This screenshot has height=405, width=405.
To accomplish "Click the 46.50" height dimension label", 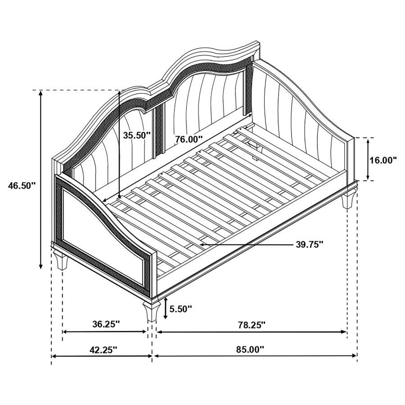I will click(21, 185).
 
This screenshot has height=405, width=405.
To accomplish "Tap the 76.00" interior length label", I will click(189, 139).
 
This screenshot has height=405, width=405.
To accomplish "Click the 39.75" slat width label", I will click(310, 244).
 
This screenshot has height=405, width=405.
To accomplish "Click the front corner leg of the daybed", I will click(150, 310).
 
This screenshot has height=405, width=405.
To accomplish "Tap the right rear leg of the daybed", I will click(348, 200).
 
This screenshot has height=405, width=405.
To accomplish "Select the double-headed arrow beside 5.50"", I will click(165, 308).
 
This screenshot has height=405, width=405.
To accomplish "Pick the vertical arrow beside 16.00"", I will click(369, 159).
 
